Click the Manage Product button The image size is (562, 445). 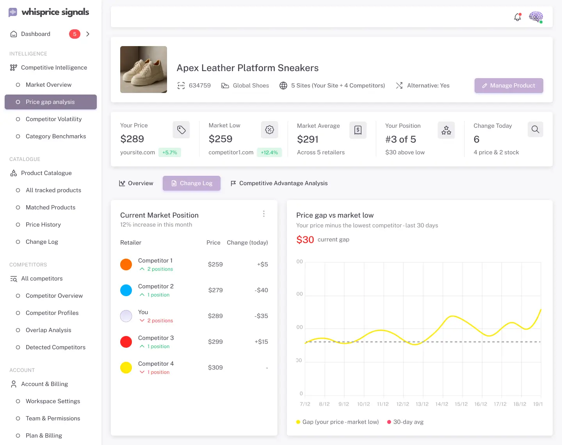tap(509, 86)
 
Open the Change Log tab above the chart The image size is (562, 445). tap(192, 183)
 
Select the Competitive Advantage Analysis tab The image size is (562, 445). tap(279, 183)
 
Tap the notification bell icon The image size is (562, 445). tap(518, 17)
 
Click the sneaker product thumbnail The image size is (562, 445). tap(144, 70)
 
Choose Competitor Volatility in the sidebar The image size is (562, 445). tap(53, 119)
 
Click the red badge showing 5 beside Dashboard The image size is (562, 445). tap(75, 34)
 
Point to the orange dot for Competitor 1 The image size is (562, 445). tap(126, 264)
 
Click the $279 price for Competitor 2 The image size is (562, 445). tap(215, 290)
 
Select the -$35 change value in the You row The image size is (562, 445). tap(261, 316)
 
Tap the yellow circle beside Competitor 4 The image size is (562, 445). tap(126, 368)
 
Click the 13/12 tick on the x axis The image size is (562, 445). tap(422, 404)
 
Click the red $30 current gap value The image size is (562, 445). tap(305, 239)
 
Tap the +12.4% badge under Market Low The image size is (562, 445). tap(269, 152)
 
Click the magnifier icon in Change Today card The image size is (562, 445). tap(535, 129)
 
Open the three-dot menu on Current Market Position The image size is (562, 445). tap(264, 214)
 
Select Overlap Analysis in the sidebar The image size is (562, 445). tap(48, 330)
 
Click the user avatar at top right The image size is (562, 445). tap(536, 17)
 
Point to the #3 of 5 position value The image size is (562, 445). tap(400, 139)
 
